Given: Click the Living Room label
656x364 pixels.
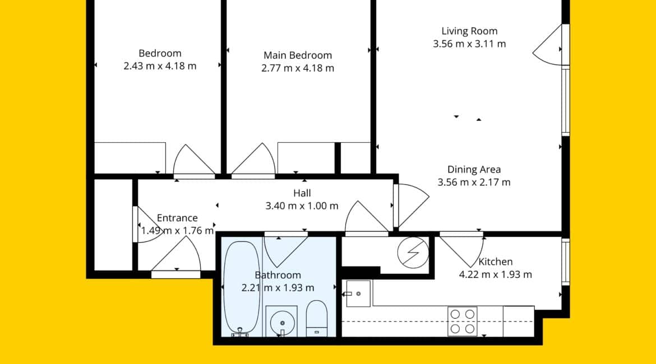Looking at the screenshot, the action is pyautogui.click(x=469, y=31).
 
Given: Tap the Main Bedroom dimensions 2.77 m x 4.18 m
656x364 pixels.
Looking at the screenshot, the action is pyautogui.click(x=298, y=68).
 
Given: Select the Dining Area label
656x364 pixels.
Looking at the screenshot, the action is pyautogui.click(x=474, y=169).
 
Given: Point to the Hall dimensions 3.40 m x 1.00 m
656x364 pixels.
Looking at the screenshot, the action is pyautogui.click(x=302, y=206).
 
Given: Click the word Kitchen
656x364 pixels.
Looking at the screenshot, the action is pyautogui.click(x=495, y=262).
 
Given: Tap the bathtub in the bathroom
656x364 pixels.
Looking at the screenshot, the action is pyautogui.click(x=242, y=288).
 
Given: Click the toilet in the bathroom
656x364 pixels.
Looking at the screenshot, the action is pyautogui.click(x=317, y=318).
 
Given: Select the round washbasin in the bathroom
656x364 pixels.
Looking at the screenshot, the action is pyautogui.click(x=282, y=322).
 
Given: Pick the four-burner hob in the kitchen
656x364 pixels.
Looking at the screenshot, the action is pyautogui.click(x=463, y=321).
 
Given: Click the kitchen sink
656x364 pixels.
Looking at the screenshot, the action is pyautogui.click(x=358, y=294).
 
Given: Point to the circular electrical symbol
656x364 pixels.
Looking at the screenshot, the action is pyautogui.click(x=413, y=253).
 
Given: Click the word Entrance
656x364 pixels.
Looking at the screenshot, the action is pyautogui.click(x=177, y=218).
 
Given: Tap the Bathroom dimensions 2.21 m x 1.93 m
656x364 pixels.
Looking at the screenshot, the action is pyautogui.click(x=278, y=287).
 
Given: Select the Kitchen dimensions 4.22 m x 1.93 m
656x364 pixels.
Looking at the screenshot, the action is pyautogui.click(x=495, y=274).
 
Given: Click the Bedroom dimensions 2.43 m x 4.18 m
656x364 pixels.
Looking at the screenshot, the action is pyautogui.click(x=160, y=66).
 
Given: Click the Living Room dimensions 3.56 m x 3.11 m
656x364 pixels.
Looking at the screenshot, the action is pyautogui.click(x=469, y=44).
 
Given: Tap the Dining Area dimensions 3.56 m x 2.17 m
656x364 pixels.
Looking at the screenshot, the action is pyautogui.click(x=474, y=182).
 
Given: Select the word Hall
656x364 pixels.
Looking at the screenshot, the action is pyautogui.click(x=302, y=193).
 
